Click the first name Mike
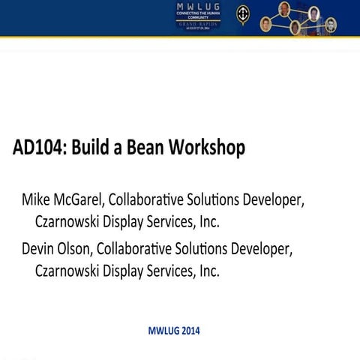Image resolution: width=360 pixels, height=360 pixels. point(36,200)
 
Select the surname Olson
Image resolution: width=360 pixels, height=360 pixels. point(76,248)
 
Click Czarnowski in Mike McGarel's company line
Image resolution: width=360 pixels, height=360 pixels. point(68,223)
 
